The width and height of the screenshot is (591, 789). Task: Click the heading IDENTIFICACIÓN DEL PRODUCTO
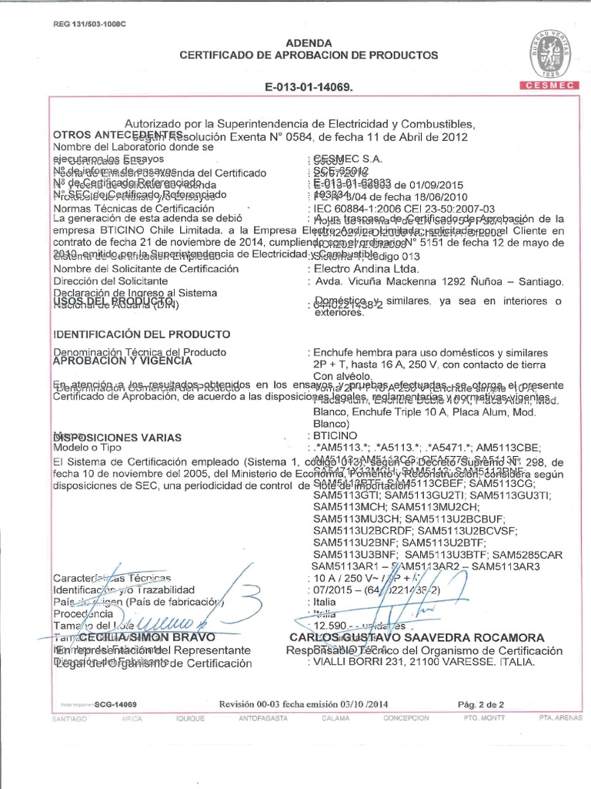[x=141, y=334]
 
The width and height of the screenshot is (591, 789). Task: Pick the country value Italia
[x=322, y=602]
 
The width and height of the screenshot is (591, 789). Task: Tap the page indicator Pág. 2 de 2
[x=480, y=704]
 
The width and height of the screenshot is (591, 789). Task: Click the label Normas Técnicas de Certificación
[x=132, y=208]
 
